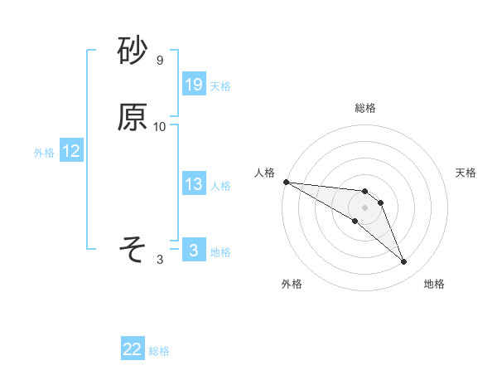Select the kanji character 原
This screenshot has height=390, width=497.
[133, 118]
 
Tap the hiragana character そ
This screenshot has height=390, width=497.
[133, 249]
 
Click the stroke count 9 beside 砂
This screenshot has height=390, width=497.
[160, 61]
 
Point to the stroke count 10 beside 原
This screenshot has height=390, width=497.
[160, 127]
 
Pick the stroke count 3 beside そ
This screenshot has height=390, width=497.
[160, 260]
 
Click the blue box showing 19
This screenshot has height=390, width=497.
[194, 85]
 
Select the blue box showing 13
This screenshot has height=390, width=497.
[194, 184]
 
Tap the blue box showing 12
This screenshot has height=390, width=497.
[71, 151]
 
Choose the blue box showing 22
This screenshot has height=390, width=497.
[133, 349]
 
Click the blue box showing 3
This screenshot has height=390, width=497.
[194, 250]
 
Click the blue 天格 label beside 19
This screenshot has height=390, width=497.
[220, 86]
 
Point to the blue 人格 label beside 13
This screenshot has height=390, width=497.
[220, 186]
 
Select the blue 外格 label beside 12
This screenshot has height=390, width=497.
[44, 153]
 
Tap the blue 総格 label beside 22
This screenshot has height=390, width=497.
[159, 351]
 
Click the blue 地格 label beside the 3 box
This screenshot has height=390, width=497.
[220, 252]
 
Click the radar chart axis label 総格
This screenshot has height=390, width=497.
[365, 108]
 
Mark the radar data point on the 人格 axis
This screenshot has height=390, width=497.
[286, 182]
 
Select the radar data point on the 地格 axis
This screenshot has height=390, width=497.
[404, 262]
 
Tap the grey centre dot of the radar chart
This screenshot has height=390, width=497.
[365, 207]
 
